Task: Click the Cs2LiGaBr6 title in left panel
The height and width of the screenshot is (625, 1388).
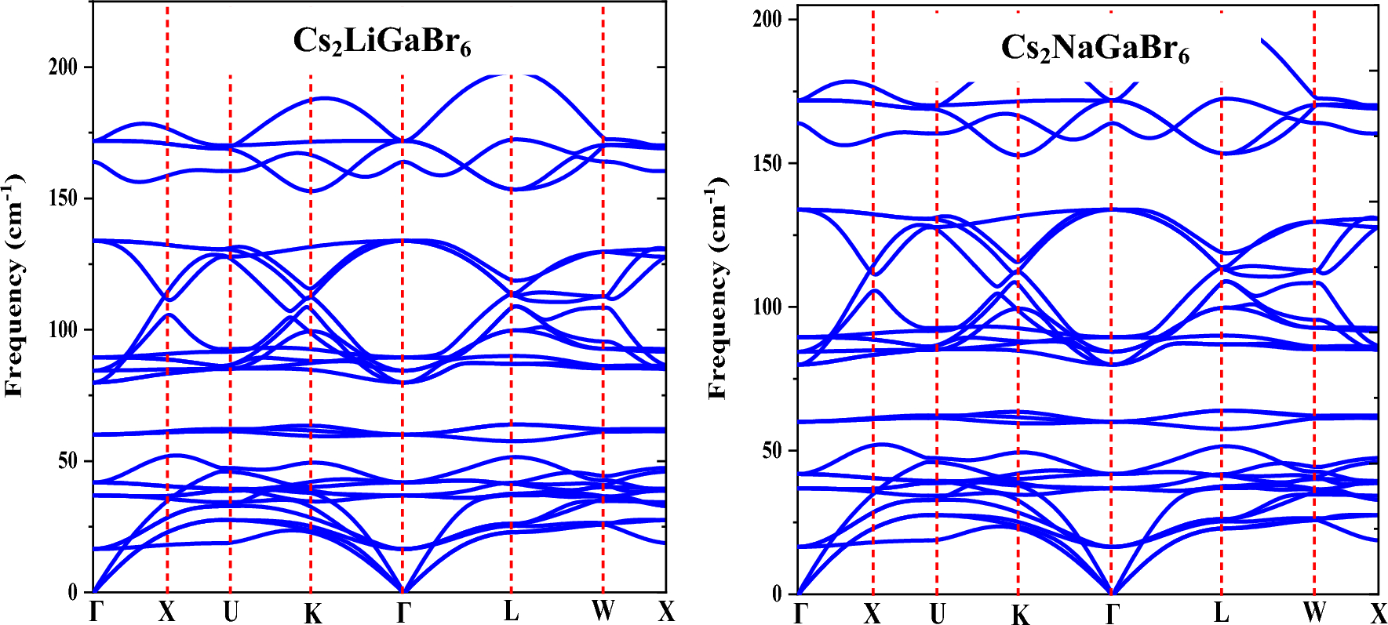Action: pyautogui.click(x=382, y=42)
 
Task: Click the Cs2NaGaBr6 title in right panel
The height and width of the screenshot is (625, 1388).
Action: pyautogui.click(x=1095, y=49)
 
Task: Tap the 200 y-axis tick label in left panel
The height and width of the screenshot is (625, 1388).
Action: pyautogui.click(x=64, y=67)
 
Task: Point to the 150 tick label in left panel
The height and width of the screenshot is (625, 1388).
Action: pyautogui.click(x=64, y=198)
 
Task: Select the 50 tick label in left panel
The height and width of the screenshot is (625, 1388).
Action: pyautogui.click(x=68, y=461)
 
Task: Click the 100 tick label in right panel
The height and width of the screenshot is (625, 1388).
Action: pyautogui.click(x=768, y=307)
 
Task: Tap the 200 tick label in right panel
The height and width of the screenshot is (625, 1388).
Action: pyautogui.click(x=768, y=19)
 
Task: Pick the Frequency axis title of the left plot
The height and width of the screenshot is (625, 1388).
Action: pyautogui.click(x=15, y=286)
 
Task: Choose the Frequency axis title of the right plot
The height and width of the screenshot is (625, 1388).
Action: pyautogui.click(x=718, y=289)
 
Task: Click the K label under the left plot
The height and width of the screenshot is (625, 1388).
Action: pyautogui.click(x=312, y=613)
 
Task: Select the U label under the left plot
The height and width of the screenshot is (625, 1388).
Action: pyautogui.click(x=230, y=612)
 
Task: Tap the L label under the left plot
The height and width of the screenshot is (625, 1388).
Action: pyautogui.click(x=511, y=611)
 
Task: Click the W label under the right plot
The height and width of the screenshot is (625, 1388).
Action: pyautogui.click(x=1314, y=612)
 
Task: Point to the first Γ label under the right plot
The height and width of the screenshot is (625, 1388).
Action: pyautogui.click(x=800, y=613)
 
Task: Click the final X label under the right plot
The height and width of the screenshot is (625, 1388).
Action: pyautogui.click(x=1379, y=613)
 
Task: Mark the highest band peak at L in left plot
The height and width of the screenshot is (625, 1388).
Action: pyautogui.click(x=511, y=75)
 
